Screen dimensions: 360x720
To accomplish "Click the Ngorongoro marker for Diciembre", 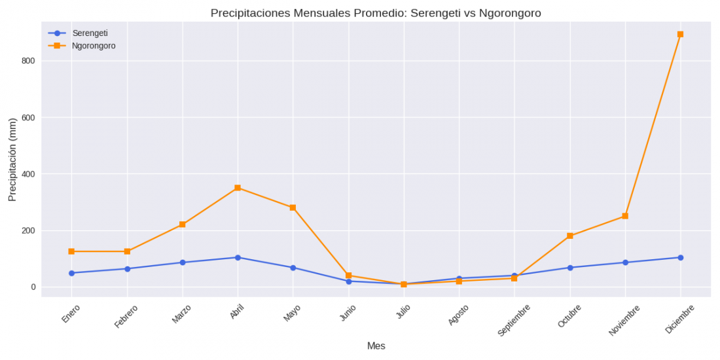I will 680,34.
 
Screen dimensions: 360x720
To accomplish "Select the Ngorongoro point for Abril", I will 238,188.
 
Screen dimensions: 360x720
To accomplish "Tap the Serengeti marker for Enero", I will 71,273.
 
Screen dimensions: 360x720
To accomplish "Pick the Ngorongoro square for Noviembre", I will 625,216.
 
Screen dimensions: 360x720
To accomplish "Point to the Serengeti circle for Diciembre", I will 680,257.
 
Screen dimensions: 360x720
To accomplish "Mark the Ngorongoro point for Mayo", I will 293,207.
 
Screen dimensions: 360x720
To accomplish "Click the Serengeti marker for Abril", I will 238,257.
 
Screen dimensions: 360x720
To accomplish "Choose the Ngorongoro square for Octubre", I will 570,236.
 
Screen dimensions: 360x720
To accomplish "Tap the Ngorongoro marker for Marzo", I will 182,225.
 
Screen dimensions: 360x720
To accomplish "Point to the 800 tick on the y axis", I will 27,61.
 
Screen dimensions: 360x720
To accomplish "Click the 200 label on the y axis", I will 27,230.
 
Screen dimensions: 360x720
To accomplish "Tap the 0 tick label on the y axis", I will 32,287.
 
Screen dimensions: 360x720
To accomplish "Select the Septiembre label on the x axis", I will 514,319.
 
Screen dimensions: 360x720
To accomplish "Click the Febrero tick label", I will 126,316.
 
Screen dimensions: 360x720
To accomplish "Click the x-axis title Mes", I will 376,346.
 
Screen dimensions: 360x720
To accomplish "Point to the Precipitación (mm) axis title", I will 12,160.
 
